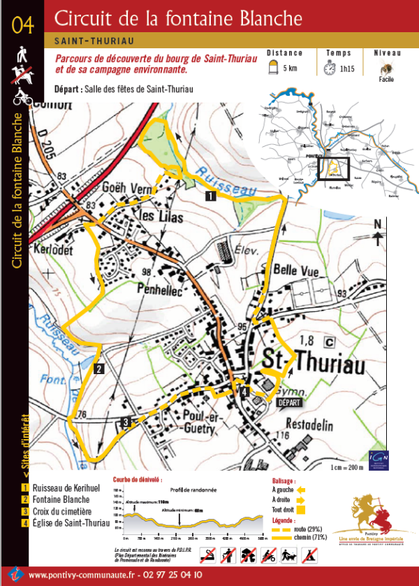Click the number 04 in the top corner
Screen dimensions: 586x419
tap(22, 24)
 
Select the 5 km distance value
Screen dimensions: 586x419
tap(290, 69)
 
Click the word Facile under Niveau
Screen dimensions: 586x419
tap(386, 80)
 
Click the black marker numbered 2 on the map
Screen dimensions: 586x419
tap(99, 369)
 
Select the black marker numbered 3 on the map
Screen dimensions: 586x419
tap(125, 421)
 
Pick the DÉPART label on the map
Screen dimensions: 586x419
tap(291, 403)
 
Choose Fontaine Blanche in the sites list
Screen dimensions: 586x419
tap(61, 499)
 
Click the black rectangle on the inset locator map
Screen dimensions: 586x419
tap(332, 169)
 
